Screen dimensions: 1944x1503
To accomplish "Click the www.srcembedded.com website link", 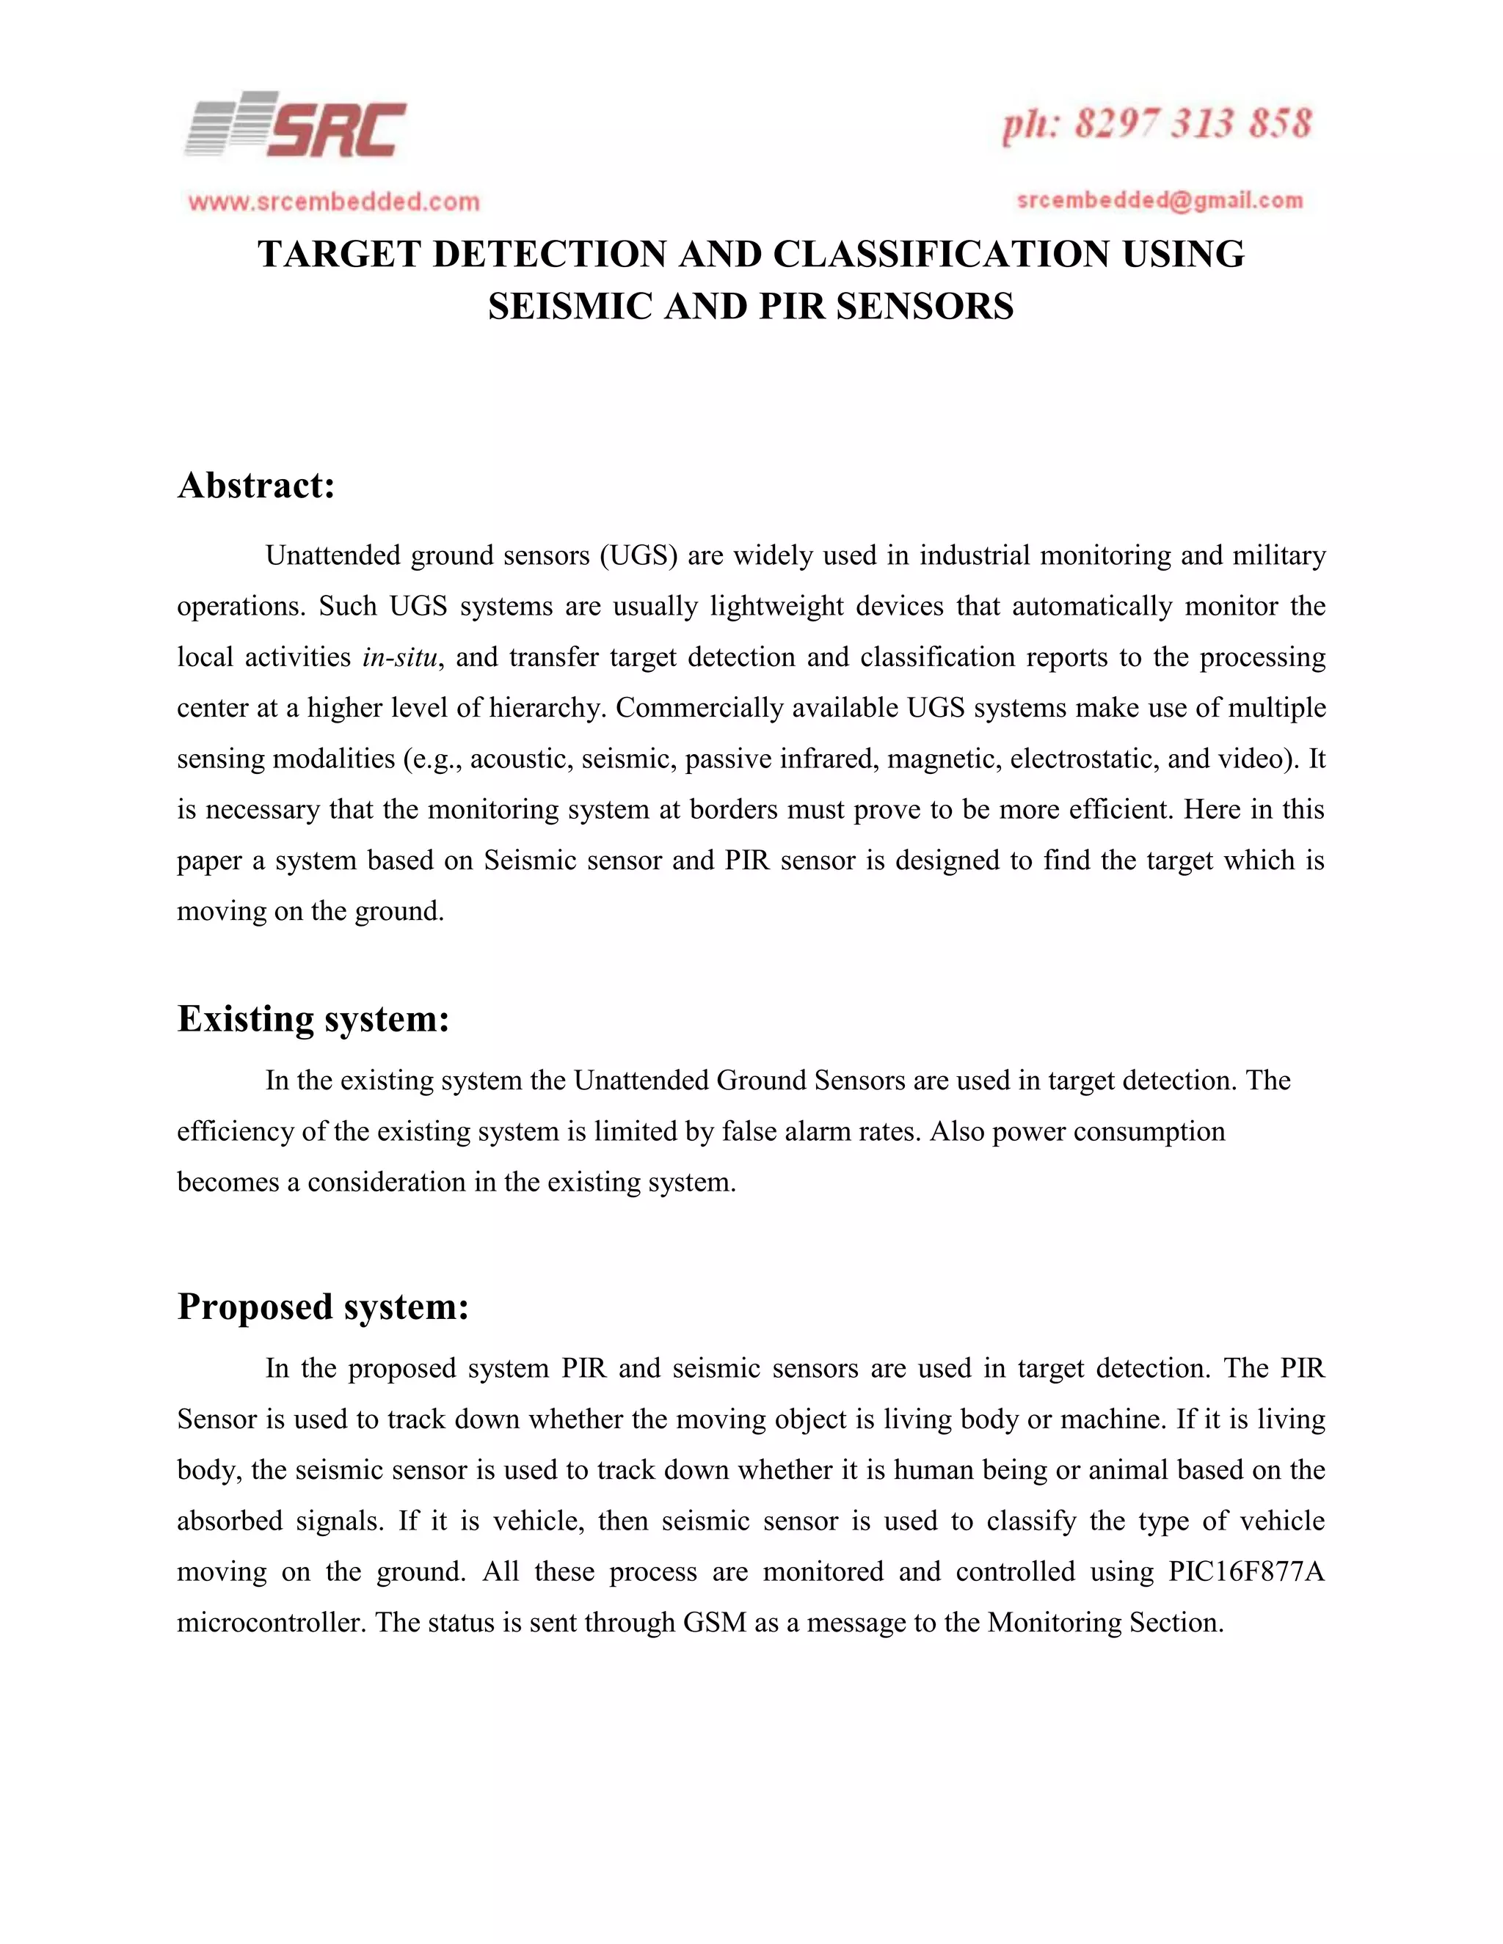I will (x=334, y=202).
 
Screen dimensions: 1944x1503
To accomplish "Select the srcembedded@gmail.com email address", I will (x=1160, y=200).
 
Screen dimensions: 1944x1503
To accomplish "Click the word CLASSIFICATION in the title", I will (x=940, y=255).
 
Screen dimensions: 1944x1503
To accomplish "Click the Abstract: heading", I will (x=256, y=486).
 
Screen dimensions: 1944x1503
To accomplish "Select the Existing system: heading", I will (x=313, y=1019).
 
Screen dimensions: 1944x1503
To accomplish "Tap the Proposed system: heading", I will (x=322, y=1307).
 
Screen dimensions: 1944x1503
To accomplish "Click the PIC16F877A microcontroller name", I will (x=1245, y=1572).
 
